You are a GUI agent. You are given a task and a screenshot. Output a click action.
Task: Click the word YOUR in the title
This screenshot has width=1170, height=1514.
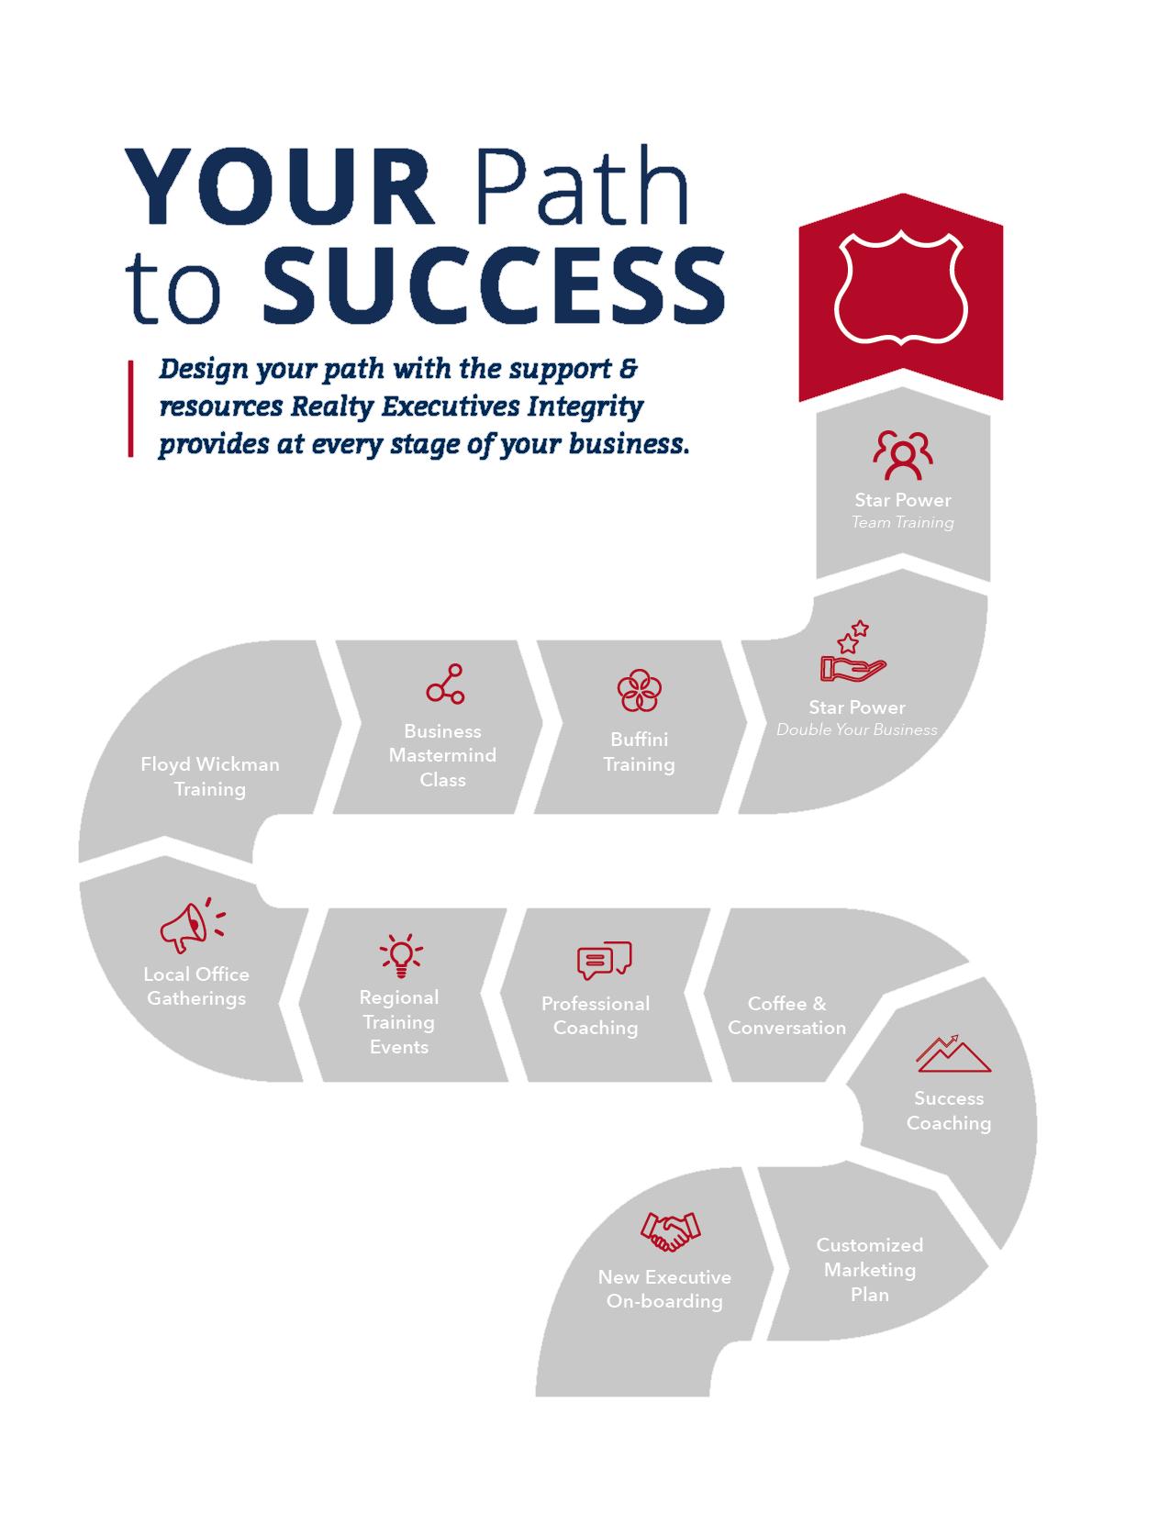click(280, 187)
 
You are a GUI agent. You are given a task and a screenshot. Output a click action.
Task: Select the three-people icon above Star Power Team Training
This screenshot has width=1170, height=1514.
click(903, 454)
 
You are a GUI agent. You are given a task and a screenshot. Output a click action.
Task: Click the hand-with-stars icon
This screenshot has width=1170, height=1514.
click(852, 653)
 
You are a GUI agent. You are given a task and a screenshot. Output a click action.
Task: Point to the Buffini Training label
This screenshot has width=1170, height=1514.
click(639, 751)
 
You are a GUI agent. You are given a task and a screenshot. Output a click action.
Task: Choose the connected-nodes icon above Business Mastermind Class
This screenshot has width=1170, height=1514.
click(445, 685)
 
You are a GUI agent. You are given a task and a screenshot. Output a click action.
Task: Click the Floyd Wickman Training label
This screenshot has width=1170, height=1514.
click(210, 776)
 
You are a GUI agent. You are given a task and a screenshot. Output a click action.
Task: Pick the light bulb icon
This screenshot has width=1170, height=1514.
click(400, 955)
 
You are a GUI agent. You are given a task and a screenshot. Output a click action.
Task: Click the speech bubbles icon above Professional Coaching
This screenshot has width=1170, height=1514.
click(604, 961)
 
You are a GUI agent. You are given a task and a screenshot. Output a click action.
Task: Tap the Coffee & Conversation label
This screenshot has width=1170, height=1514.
click(786, 1016)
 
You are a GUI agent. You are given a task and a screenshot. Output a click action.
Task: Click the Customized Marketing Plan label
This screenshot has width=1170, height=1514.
click(869, 1270)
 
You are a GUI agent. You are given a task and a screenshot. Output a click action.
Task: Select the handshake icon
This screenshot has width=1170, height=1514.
click(670, 1231)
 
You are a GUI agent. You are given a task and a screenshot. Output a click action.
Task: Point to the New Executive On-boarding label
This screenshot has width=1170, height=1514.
click(664, 1289)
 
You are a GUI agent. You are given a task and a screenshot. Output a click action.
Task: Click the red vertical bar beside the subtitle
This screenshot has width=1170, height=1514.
click(130, 408)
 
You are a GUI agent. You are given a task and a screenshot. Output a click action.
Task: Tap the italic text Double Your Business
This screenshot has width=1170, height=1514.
click(857, 730)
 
